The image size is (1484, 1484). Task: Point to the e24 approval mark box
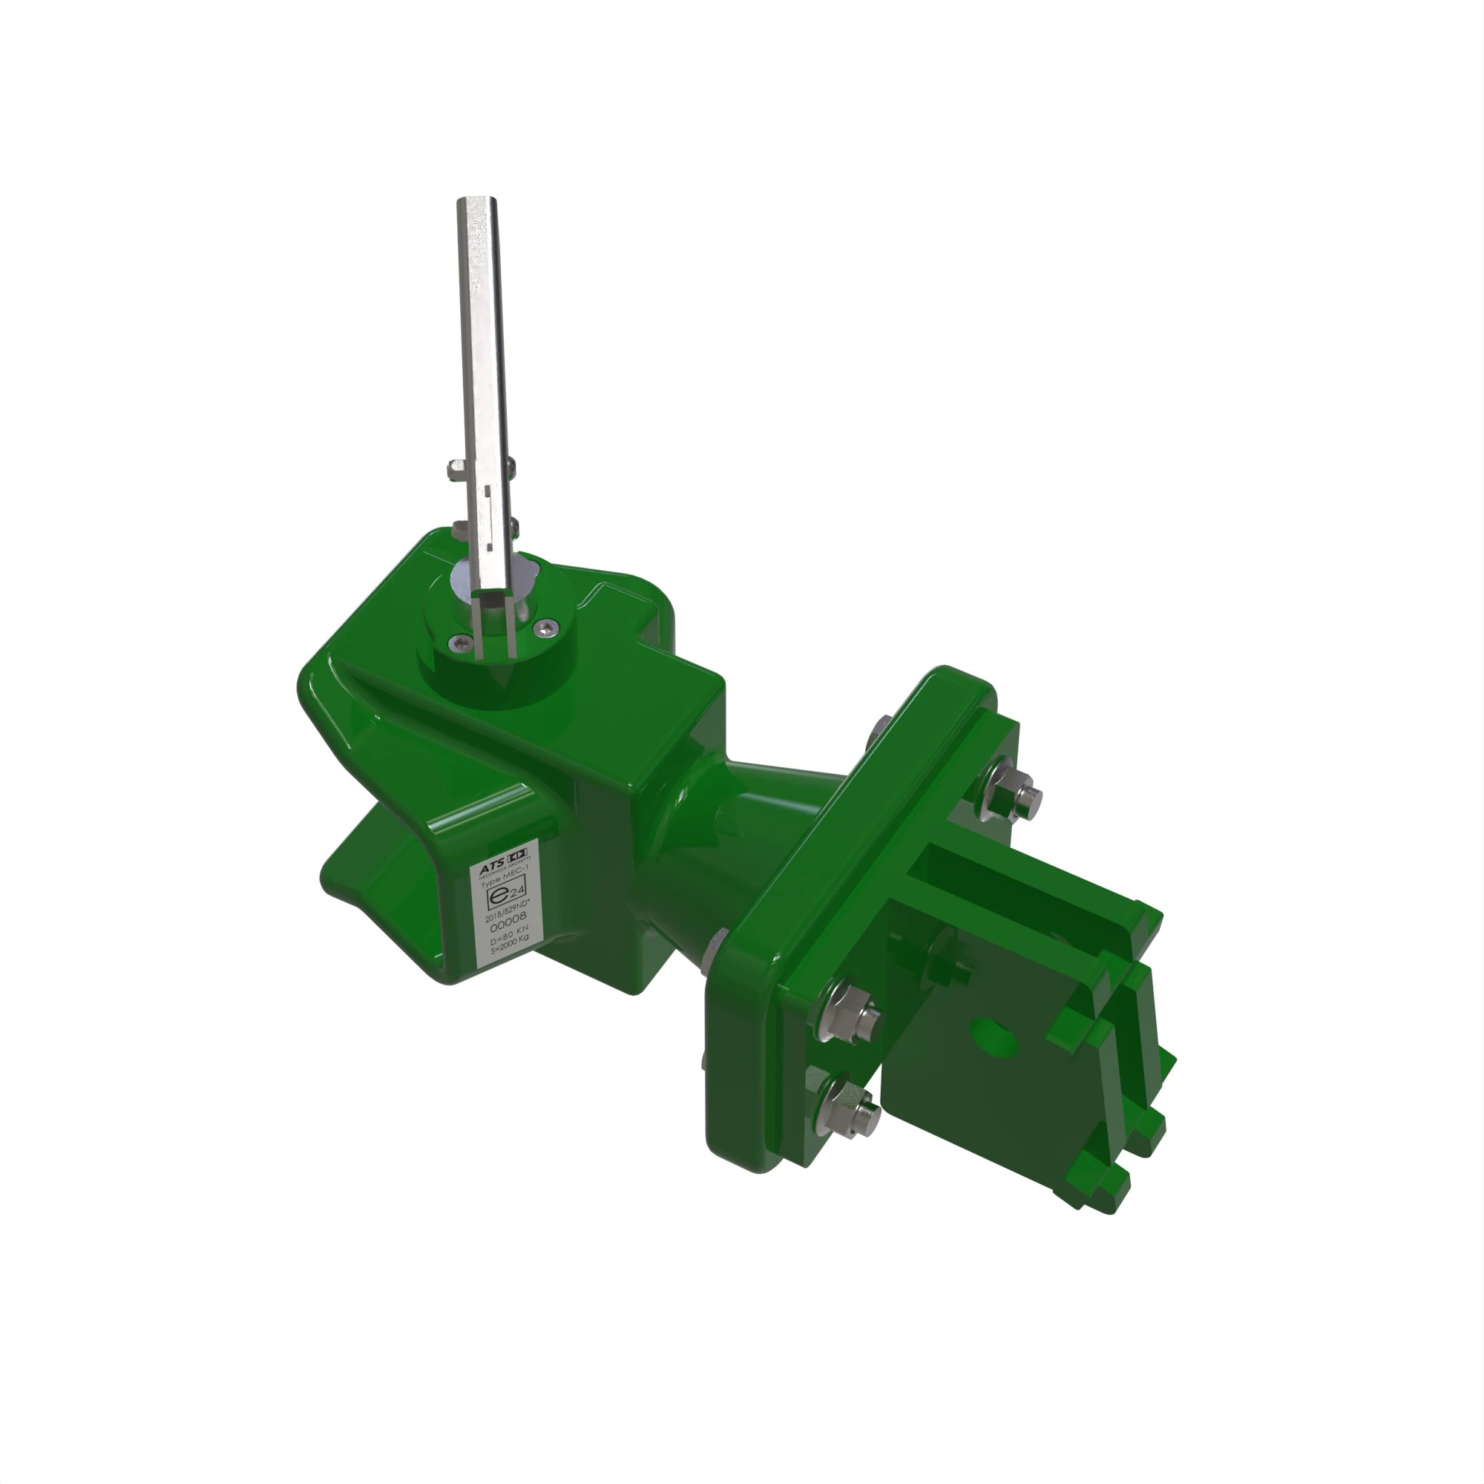point(508,893)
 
